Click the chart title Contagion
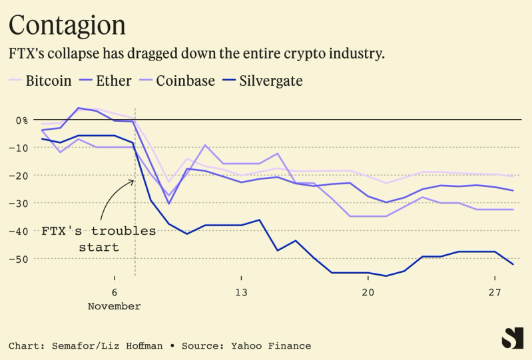click(x=67, y=25)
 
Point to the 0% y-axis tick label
click(x=22, y=120)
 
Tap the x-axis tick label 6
click(x=115, y=293)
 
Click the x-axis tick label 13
click(x=241, y=293)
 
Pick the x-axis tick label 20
click(x=368, y=293)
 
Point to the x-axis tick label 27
click(x=495, y=293)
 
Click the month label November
click(x=115, y=307)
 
